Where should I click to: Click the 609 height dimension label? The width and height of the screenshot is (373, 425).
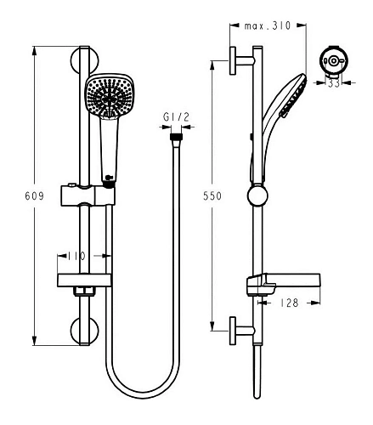coord(34,195)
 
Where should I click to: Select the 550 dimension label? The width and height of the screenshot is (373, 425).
coord(212,195)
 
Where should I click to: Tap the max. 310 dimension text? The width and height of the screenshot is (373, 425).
coord(268,26)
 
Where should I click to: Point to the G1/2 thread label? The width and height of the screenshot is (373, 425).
coord(176,117)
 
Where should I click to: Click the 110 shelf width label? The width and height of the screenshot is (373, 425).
coord(76,256)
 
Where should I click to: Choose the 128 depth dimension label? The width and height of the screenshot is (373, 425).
coord(289,303)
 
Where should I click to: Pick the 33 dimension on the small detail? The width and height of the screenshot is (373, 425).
coord(334,83)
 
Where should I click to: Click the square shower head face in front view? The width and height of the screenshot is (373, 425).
coord(110,96)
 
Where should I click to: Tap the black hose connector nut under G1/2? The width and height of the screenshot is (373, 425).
coord(176,137)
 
